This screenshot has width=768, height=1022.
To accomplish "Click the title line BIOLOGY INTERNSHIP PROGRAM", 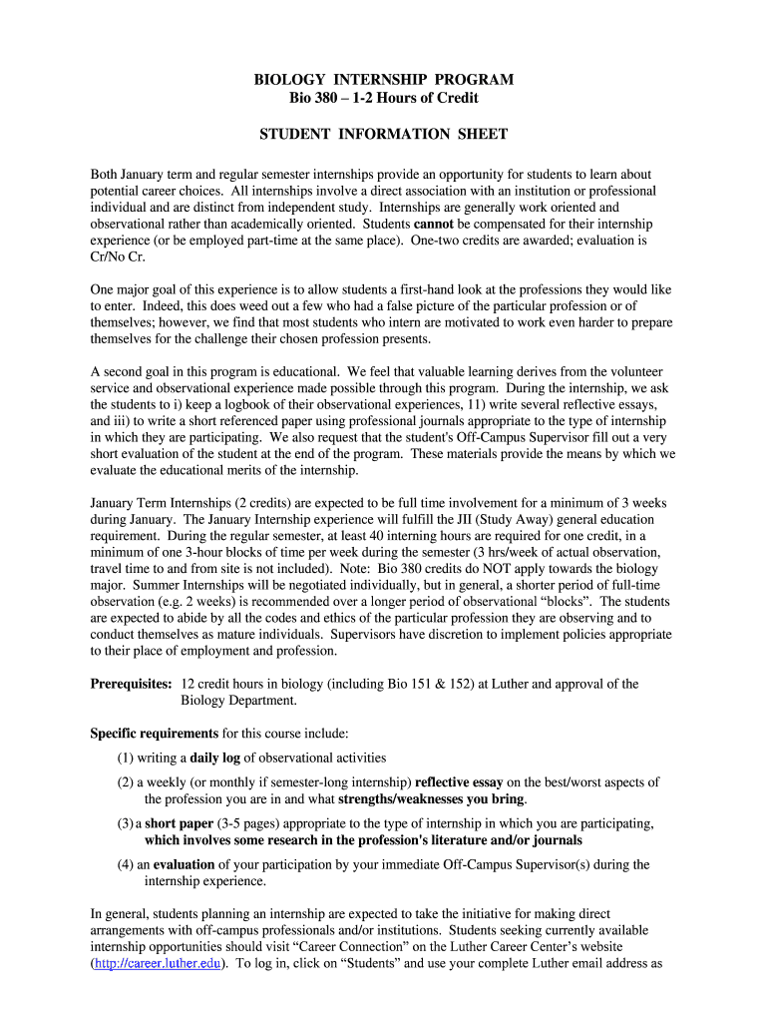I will click(x=384, y=79).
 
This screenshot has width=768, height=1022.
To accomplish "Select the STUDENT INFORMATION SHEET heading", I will click(x=384, y=134).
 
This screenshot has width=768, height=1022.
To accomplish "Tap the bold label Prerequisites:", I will click(x=132, y=684).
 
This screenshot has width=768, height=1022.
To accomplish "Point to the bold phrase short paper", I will click(x=180, y=823).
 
